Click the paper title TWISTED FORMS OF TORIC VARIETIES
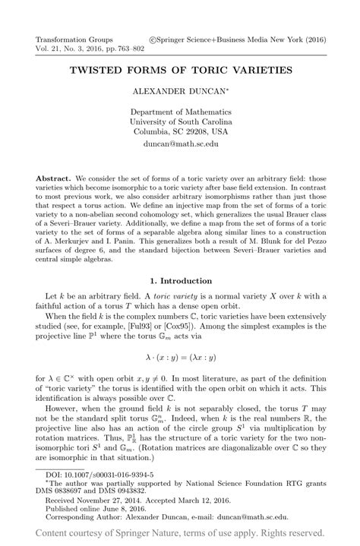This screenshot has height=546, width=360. pyautogui.click(x=181, y=70)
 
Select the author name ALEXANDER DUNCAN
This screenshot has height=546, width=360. pyautogui.click(x=179, y=90)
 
